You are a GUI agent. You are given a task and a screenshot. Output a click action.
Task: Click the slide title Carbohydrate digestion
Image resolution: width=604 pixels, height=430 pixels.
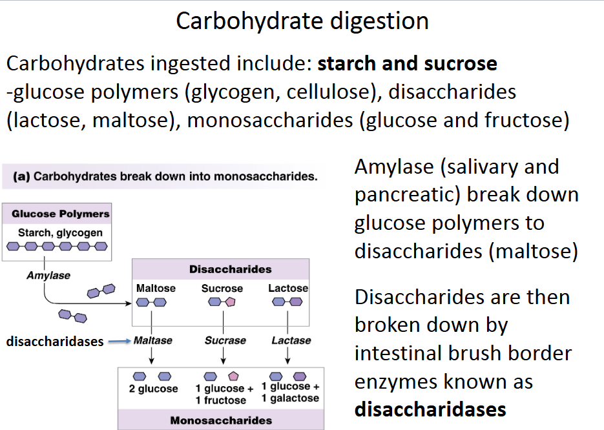pyautogui.click(x=302, y=21)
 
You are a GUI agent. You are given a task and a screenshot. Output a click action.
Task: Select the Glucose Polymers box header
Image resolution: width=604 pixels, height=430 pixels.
pyautogui.click(x=60, y=214)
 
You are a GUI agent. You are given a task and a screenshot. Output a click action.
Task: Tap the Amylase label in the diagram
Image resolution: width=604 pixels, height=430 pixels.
pyautogui.click(x=48, y=276)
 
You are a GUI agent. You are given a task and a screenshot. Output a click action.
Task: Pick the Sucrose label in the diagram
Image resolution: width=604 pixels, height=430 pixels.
pyautogui.click(x=222, y=289)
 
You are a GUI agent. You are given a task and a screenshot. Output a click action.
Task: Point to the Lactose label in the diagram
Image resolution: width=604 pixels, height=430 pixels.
pyautogui.click(x=288, y=288)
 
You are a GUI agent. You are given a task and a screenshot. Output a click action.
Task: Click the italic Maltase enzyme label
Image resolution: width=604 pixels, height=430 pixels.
pyautogui.click(x=152, y=340)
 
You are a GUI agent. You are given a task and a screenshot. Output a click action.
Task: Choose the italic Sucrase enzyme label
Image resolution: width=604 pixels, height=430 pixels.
pyautogui.click(x=225, y=340)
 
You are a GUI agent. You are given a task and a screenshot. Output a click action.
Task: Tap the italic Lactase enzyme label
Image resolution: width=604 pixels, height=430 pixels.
pyautogui.click(x=291, y=340)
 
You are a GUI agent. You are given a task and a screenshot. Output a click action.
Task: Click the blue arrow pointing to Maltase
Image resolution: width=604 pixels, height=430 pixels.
pyautogui.click(x=118, y=342)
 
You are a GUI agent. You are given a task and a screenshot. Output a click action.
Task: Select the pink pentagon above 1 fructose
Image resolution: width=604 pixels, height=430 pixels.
pyautogui.click(x=234, y=376)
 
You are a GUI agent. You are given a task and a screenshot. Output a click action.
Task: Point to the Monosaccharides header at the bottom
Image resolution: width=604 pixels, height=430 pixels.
pyautogui.click(x=221, y=420)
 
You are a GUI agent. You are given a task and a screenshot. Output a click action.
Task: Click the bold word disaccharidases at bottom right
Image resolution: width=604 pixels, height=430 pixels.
pyautogui.click(x=430, y=409)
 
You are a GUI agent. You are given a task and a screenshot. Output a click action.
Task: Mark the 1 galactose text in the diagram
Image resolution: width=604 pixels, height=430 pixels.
pyautogui.click(x=290, y=398)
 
